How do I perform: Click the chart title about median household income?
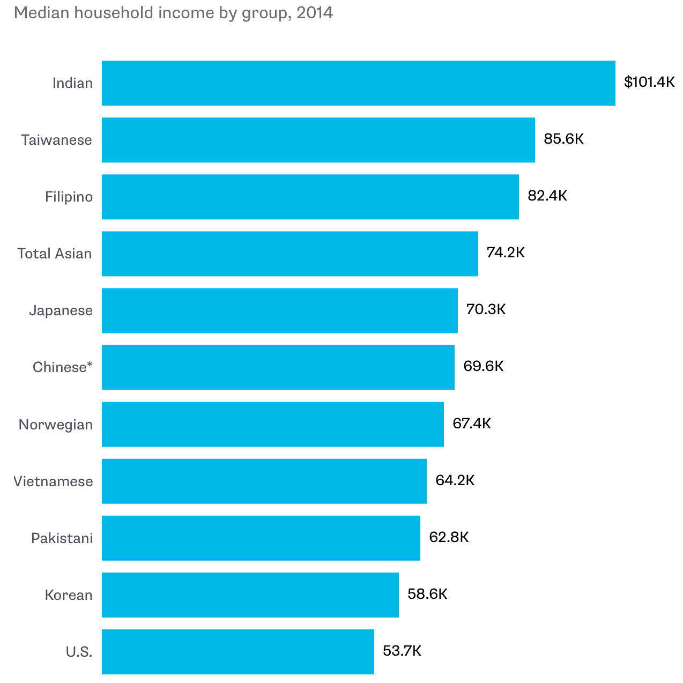(173, 13)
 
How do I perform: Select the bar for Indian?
(358, 83)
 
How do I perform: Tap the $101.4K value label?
(649, 82)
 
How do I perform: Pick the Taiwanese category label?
(56, 140)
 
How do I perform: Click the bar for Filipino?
(310, 197)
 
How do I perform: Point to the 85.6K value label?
(563, 139)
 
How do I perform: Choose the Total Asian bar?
(289, 254)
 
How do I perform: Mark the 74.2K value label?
(506, 253)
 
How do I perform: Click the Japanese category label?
(61, 310)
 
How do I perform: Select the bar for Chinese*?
(278, 367)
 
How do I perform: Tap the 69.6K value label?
(484, 366)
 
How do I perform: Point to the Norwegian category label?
(56, 425)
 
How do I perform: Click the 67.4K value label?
(472, 424)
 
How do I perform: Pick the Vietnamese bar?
(264, 481)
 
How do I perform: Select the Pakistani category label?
(62, 538)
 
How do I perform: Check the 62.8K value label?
(449, 537)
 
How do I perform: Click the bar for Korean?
(250, 595)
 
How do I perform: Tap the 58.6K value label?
(427, 594)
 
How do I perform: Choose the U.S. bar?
(237, 652)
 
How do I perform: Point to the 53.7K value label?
(402, 651)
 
